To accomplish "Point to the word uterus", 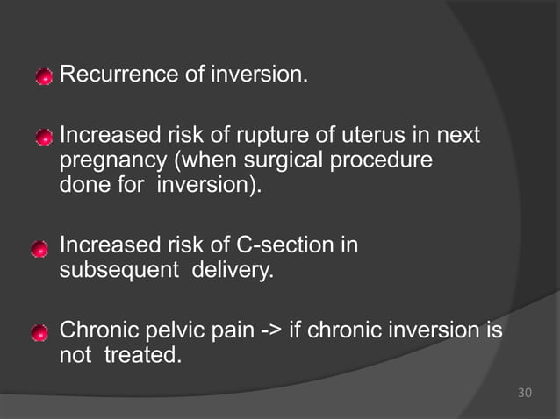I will click(x=380, y=138).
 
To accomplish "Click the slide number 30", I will click(x=524, y=392).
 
